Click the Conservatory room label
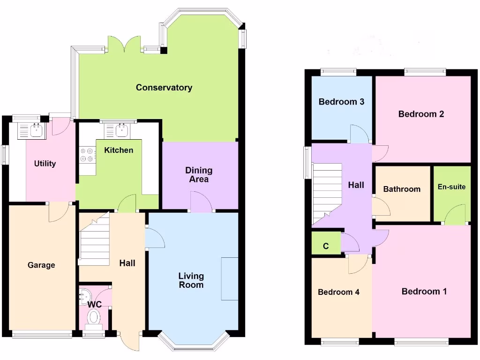point(164,87)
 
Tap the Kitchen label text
point(119,150)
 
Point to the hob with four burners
point(87,155)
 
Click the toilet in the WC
point(94,318)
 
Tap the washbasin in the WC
point(84,295)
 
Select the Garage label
point(41,265)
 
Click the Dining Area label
point(199,174)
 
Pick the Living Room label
point(191,280)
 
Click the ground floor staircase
point(94,239)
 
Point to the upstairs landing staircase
point(327,192)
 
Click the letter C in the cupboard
point(326,246)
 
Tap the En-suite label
point(451,187)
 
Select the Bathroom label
point(402,189)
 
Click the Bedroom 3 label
point(341,102)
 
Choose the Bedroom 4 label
point(338,292)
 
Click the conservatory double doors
point(125,44)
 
